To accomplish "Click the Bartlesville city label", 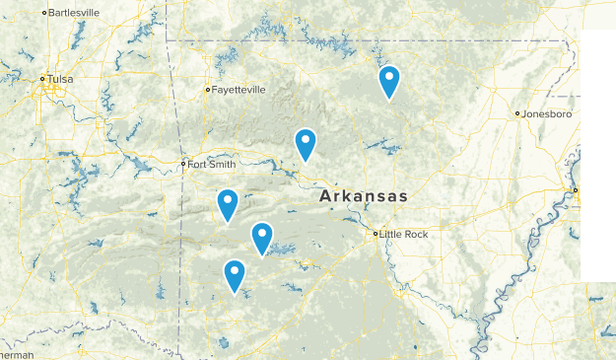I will pos(76,13).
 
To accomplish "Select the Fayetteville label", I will pos(239,90).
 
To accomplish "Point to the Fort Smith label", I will pos(212,164).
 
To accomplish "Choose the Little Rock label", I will pos(405,234).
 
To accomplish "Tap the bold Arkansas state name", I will pos(363,197).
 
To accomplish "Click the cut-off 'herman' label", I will pos(16,354).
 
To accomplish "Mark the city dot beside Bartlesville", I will pos(44,13).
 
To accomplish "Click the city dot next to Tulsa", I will pos(42,79).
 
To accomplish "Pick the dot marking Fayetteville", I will pos(207,90).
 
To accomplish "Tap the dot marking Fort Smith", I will pos(183,164).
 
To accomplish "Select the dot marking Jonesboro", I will pos(517,114).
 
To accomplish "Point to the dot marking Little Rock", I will pos(376,234).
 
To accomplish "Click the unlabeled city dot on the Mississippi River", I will pos(576,189).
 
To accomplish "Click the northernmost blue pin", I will pos(389,82).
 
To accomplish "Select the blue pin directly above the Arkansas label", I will pos(306,144).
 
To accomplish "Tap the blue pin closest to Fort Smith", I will pos(228,205).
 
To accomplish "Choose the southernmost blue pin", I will pos(235,275).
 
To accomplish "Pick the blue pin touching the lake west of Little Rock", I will pos(261,238).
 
